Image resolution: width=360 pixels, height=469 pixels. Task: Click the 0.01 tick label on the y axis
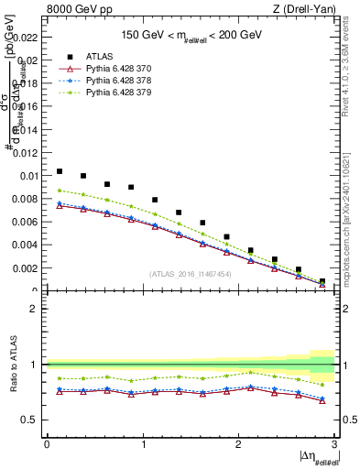coord(28,176)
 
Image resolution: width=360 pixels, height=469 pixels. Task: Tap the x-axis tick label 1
coord(143,443)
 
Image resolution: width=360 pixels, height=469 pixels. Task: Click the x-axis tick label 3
coord(334,443)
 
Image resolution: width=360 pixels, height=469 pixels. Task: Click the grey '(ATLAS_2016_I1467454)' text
coord(191,273)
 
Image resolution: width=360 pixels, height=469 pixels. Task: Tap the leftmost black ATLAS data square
coord(60,171)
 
